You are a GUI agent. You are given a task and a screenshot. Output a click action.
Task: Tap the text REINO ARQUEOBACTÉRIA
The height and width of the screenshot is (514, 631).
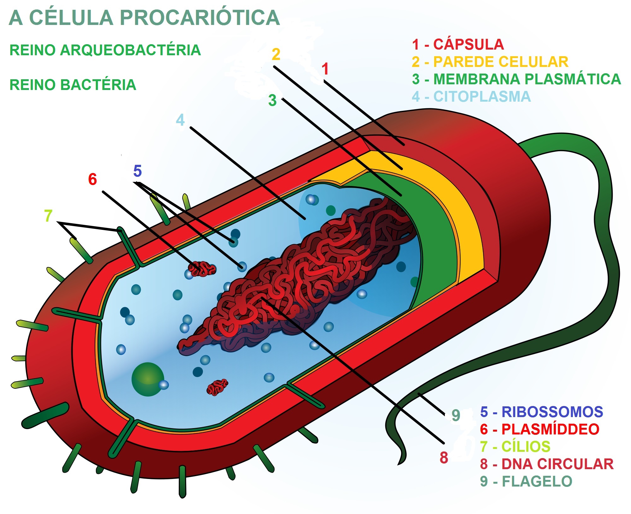105,50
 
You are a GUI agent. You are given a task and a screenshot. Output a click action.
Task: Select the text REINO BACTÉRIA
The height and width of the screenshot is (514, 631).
73,85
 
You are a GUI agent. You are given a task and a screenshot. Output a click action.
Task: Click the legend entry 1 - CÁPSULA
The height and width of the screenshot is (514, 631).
458,45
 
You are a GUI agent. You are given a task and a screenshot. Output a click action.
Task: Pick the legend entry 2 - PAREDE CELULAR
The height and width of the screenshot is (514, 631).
490,62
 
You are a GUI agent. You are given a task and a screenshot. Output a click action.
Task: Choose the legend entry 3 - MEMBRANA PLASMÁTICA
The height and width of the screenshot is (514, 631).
516,79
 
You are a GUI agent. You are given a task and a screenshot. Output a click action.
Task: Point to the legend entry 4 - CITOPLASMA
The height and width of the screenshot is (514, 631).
471,97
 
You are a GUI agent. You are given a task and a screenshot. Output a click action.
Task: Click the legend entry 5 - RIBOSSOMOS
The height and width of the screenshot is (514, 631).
541,412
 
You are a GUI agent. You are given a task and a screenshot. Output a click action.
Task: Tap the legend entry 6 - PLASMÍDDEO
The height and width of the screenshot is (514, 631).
540,429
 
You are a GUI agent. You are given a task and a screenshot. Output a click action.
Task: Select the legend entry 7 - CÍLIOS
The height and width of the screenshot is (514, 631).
515,447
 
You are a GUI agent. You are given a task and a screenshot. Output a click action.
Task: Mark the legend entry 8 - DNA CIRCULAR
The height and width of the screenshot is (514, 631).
547,464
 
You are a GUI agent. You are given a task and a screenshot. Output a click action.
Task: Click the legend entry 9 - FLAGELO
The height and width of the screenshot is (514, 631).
526,481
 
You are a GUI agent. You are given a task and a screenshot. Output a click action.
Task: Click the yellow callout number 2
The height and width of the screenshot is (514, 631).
276,54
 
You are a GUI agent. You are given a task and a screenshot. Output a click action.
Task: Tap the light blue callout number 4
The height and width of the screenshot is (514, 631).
180,120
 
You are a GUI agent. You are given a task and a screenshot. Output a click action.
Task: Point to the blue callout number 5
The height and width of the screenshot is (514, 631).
138,171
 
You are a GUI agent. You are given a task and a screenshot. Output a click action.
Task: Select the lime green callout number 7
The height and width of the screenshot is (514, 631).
48,216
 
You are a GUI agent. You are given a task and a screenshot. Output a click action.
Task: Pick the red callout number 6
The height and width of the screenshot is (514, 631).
92,179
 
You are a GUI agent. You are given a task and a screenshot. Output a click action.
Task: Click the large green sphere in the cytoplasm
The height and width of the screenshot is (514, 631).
147,379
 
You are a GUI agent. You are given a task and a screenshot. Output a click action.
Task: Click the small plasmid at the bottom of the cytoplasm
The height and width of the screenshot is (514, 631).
217,387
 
